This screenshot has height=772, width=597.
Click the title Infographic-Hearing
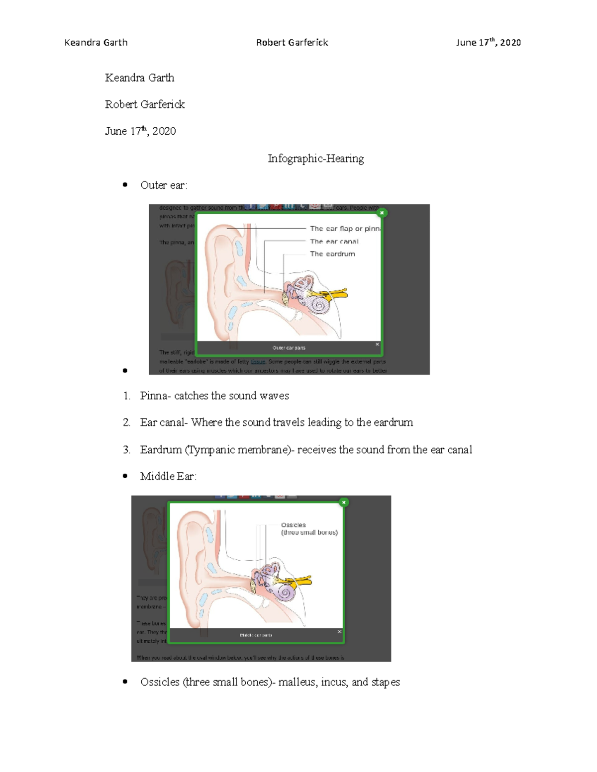point(315,159)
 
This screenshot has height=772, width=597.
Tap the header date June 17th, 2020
point(488,43)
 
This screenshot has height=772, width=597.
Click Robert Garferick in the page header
point(292,43)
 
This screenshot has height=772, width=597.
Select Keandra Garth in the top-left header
point(96,43)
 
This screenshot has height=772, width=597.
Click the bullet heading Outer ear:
point(164,185)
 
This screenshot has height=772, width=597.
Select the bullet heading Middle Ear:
point(168,477)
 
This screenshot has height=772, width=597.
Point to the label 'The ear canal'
point(334,242)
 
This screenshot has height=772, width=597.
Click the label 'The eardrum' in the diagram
point(332,254)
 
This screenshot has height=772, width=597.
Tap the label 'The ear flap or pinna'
point(345,229)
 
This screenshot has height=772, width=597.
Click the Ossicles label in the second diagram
point(294,525)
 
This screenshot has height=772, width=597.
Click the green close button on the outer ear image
point(382,213)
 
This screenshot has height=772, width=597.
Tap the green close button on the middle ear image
point(343,503)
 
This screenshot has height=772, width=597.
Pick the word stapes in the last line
point(385,682)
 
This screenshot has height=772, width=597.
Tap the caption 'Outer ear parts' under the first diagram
point(289,348)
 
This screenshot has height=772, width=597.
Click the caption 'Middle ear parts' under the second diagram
point(256,635)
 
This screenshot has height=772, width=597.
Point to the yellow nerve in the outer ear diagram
point(338,294)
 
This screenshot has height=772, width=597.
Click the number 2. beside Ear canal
point(126,423)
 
